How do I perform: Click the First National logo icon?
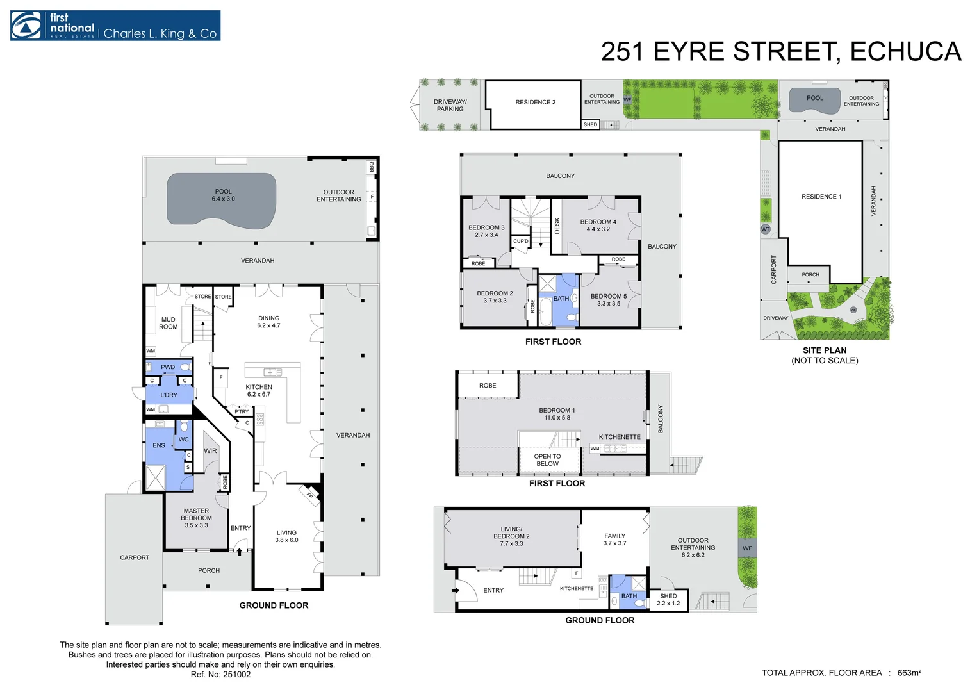pos(26,26)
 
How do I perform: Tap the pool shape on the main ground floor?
pos(222,201)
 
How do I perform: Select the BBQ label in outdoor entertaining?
pos(372,167)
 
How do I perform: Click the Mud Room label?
pos(169,323)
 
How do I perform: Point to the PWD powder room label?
pos(168,367)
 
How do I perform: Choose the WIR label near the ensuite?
pos(210,450)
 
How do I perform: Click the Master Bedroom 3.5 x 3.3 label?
pos(196,518)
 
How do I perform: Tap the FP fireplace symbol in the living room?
pos(310,496)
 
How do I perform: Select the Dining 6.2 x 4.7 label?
pos(269,322)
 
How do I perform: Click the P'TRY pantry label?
pos(242,411)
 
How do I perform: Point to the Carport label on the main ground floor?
pos(135,557)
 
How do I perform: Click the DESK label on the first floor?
pos(557,226)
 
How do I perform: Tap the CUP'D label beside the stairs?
pos(521,241)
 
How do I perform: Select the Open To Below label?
pos(547,460)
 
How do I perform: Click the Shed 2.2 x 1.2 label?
pos(668,599)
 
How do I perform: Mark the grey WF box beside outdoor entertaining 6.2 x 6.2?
pos(747,548)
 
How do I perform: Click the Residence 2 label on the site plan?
pos(536,103)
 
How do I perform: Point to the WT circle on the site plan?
pos(765,229)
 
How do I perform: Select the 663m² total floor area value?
pos(910,673)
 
